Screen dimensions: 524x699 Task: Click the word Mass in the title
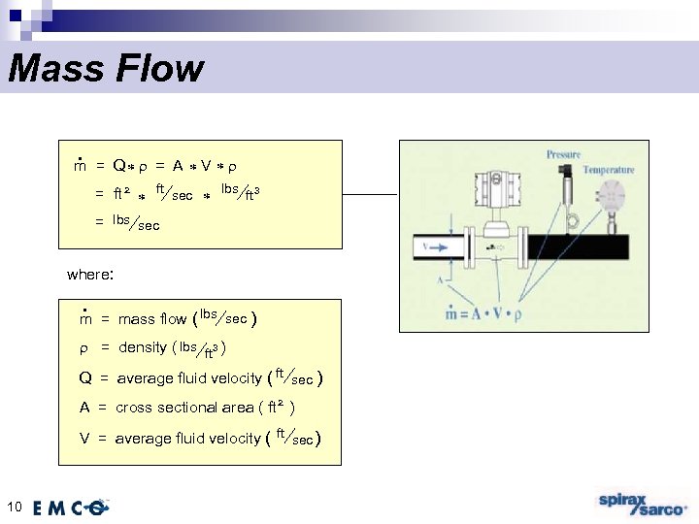(x=52, y=69)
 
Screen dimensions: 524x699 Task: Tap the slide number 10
(x=14, y=505)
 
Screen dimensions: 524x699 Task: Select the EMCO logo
(x=70, y=507)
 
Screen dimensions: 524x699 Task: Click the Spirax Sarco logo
(x=641, y=505)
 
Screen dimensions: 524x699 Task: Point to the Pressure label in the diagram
(x=563, y=154)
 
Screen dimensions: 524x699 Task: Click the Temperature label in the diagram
(x=609, y=170)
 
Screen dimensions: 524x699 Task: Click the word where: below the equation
(x=90, y=275)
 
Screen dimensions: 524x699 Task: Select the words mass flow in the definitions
(x=152, y=318)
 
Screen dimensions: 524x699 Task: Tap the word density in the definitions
(x=142, y=347)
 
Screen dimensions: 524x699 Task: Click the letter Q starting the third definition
(x=85, y=378)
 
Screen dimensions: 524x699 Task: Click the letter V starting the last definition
(x=85, y=439)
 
